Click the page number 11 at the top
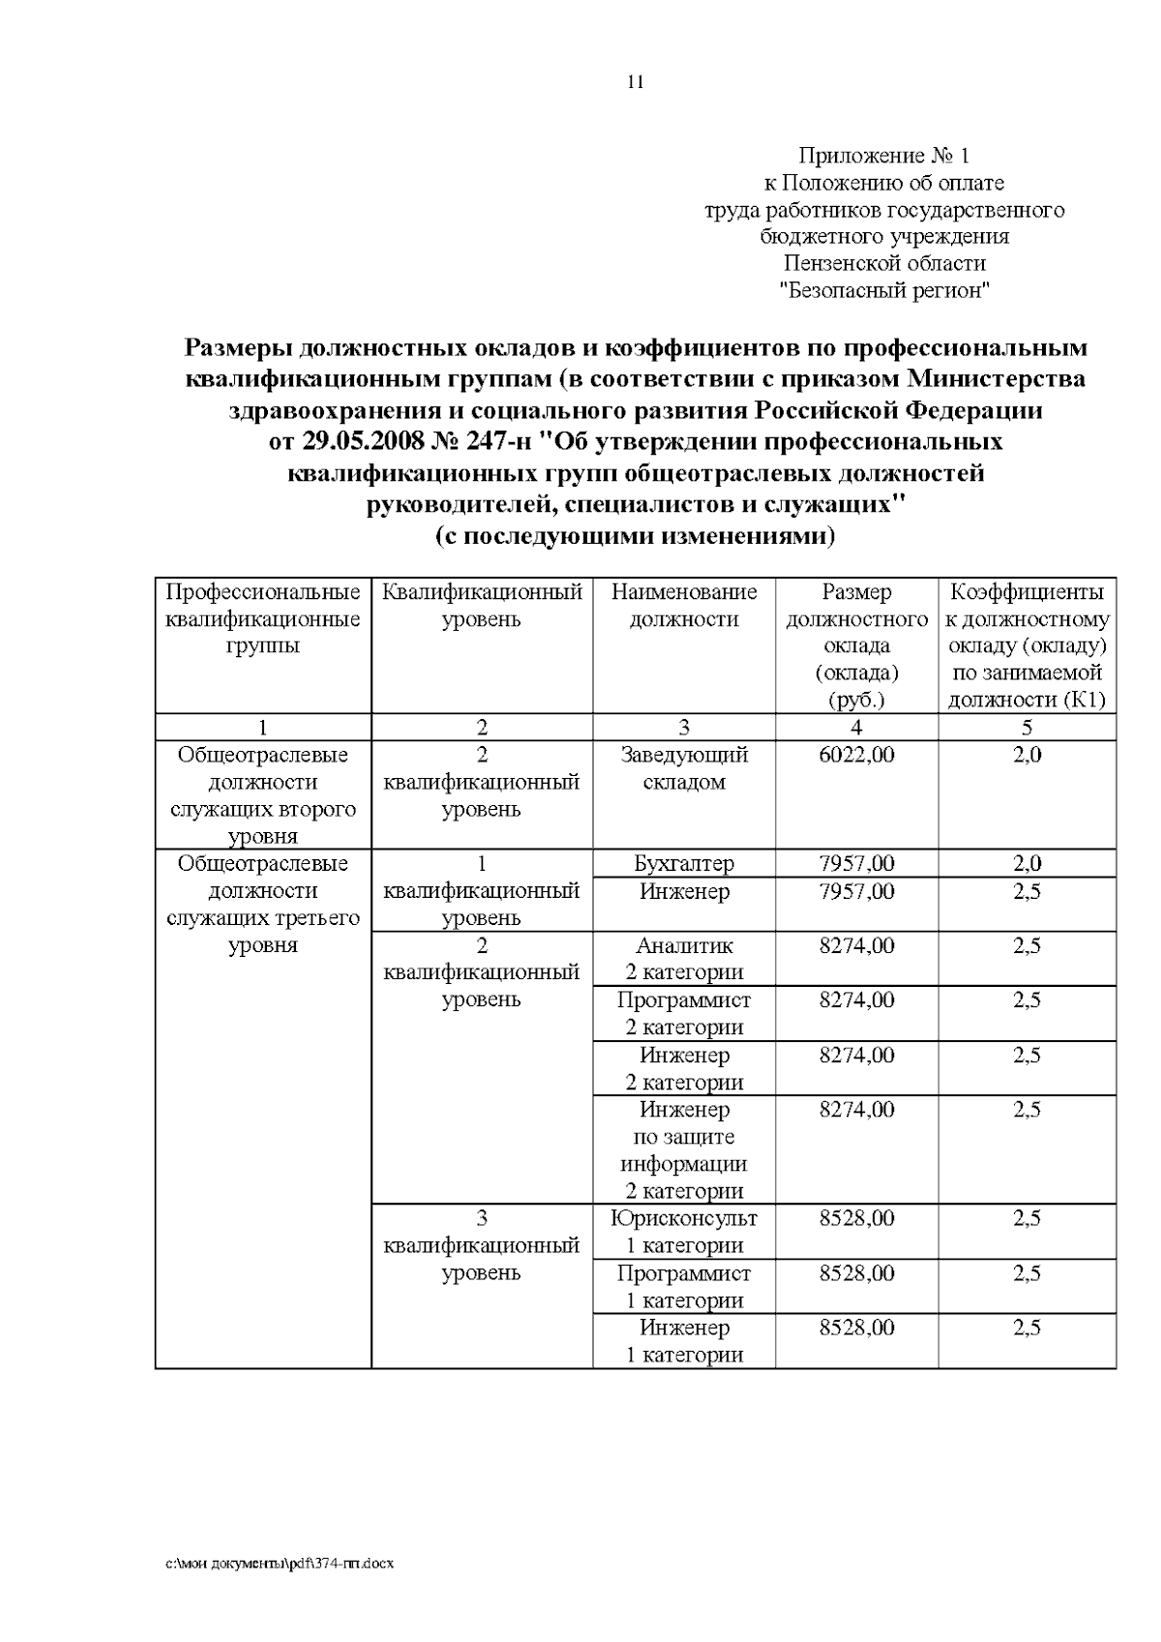(635, 82)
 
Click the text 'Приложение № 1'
(882, 156)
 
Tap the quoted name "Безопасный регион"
(884, 290)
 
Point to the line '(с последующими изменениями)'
(635, 536)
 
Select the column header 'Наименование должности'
(684, 606)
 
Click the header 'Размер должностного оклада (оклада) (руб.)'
(856, 645)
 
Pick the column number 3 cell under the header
(684, 728)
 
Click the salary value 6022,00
(856, 755)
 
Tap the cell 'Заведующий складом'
(684, 768)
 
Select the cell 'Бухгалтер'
(684, 863)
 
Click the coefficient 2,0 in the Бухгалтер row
(1027, 863)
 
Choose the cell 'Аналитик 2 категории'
(684, 959)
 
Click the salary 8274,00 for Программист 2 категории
(856, 1000)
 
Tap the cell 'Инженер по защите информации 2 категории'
(684, 1150)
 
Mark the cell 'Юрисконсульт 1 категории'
(684, 1232)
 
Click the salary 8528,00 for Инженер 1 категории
(856, 1328)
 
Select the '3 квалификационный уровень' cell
(482, 1245)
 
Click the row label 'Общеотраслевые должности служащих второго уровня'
(263, 795)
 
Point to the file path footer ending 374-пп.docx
(280, 1564)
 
